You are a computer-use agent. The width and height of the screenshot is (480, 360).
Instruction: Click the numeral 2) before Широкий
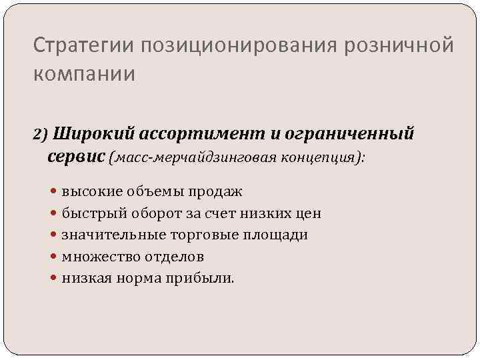click(41, 135)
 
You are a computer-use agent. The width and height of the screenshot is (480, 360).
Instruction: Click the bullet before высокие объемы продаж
click(55, 192)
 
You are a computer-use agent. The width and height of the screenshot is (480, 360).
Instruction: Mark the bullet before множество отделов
click(55, 257)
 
